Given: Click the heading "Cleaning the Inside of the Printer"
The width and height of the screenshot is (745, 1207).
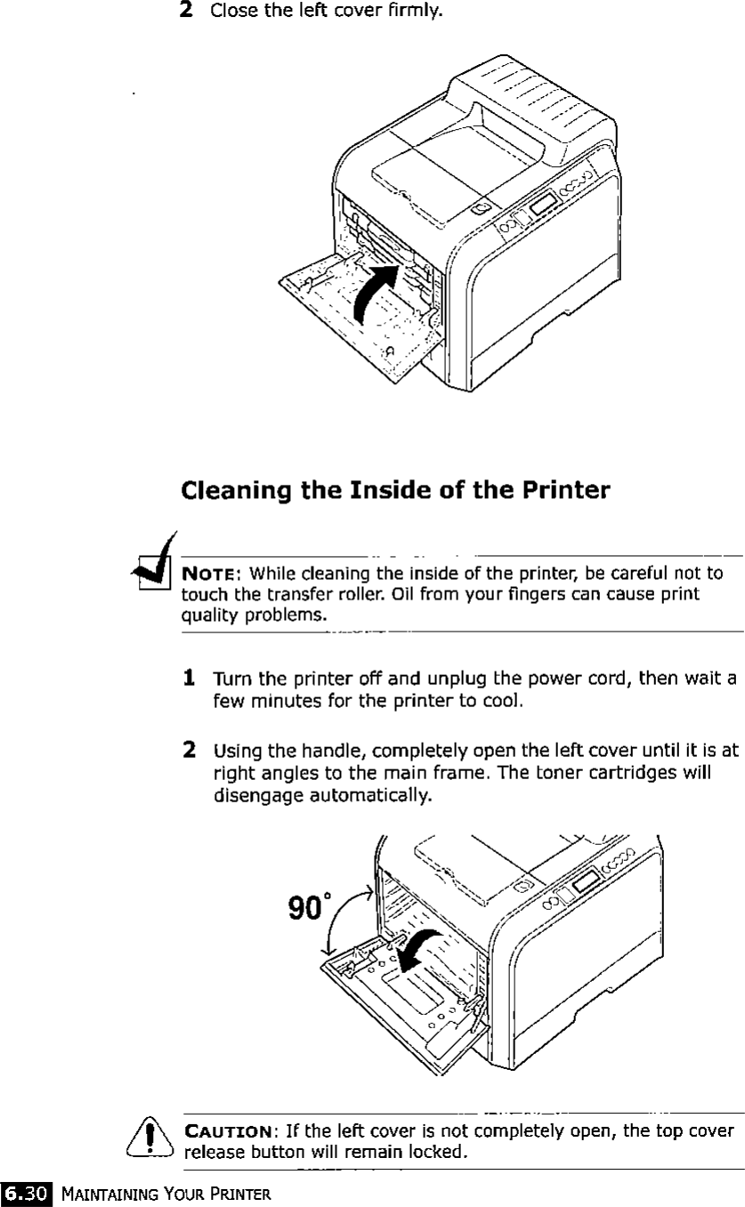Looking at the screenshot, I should pos(395,490).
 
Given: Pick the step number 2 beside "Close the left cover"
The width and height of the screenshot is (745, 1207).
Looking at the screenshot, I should pos(187,11).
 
